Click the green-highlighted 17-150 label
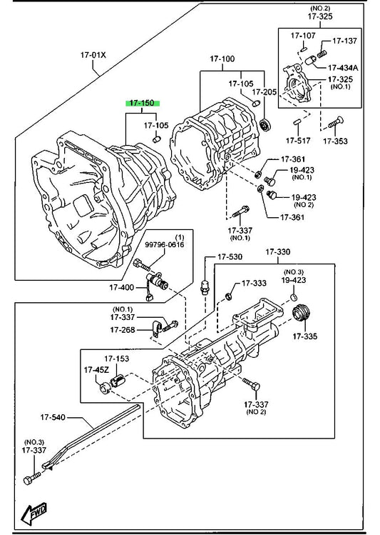coord(143,103)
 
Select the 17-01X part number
coord(93,55)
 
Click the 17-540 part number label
coord(53,417)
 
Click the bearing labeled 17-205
coord(265,125)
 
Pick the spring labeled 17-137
coord(322,54)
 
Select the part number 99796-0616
coord(165,244)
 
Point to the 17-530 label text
coord(230,256)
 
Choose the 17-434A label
coord(343,68)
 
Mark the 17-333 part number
coord(254,283)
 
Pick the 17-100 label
coord(222,59)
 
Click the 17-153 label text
coord(116,359)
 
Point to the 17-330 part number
coord(278,252)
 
